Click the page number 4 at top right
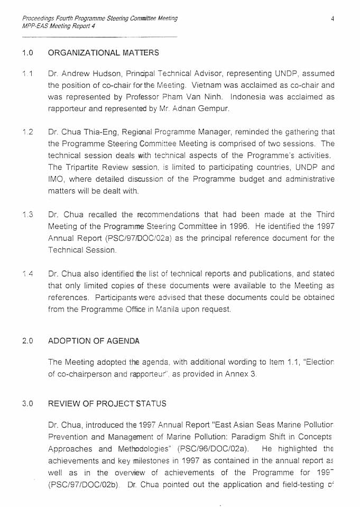pyautogui.click(x=333, y=19)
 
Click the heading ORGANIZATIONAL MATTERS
pyautogui.click(x=103, y=53)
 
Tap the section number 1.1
pyautogui.click(x=28, y=73)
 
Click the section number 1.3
pyautogui.click(x=28, y=215)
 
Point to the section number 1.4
pyautogui.click(x=28, y=273)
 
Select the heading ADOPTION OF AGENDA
pyautogui.click(x=94, y=341)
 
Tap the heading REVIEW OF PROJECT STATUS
pyautogui.click(x=107, y=403)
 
